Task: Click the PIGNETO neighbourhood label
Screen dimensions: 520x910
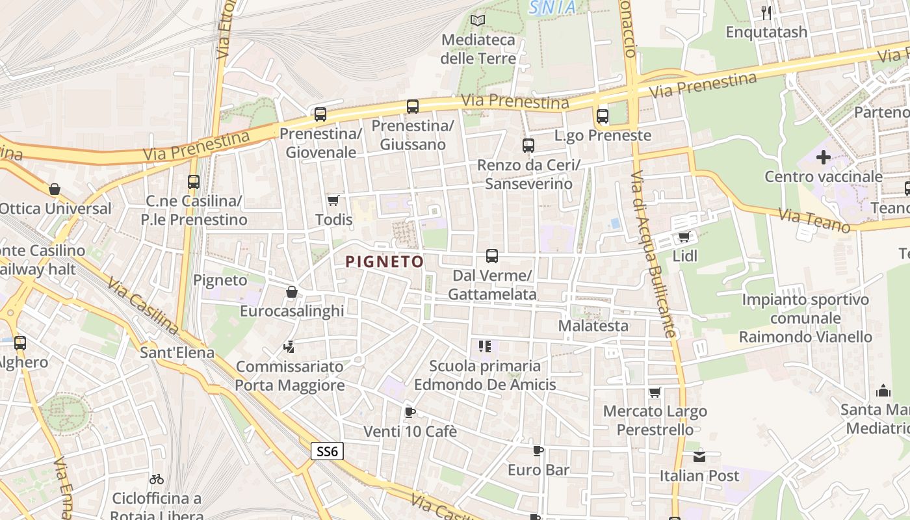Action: coord(384,262)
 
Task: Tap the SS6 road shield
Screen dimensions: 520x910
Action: coord(326,451)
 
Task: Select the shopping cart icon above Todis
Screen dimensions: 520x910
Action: coord(333,200)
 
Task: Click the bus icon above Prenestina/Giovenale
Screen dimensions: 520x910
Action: coord(320,114)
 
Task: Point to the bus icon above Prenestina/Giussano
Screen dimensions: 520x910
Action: coord(412,106)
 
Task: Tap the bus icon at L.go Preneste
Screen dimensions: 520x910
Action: coord(603,116)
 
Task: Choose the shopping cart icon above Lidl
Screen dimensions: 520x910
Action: coord(683,237)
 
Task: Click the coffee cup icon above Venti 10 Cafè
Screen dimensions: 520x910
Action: coord(409,412)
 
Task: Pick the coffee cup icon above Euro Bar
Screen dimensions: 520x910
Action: coord(538,450)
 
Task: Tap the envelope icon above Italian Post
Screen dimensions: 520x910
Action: coord(699,456)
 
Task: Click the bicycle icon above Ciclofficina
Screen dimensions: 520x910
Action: coord(157,479)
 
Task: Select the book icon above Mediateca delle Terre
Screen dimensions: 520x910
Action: coord(478,20)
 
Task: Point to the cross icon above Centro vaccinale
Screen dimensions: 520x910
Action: coord(824,157)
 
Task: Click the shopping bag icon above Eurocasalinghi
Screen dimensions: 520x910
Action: coord(292,292)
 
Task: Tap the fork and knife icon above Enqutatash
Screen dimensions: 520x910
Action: coord(766,12)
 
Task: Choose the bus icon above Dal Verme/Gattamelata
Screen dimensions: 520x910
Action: coord(492,256)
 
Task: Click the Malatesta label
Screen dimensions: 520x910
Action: coord(593,326)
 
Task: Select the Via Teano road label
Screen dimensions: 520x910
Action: coord(815,220)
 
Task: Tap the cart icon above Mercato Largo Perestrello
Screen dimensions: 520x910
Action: coord(655,392)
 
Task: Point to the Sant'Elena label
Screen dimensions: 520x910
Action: coord(177,352)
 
